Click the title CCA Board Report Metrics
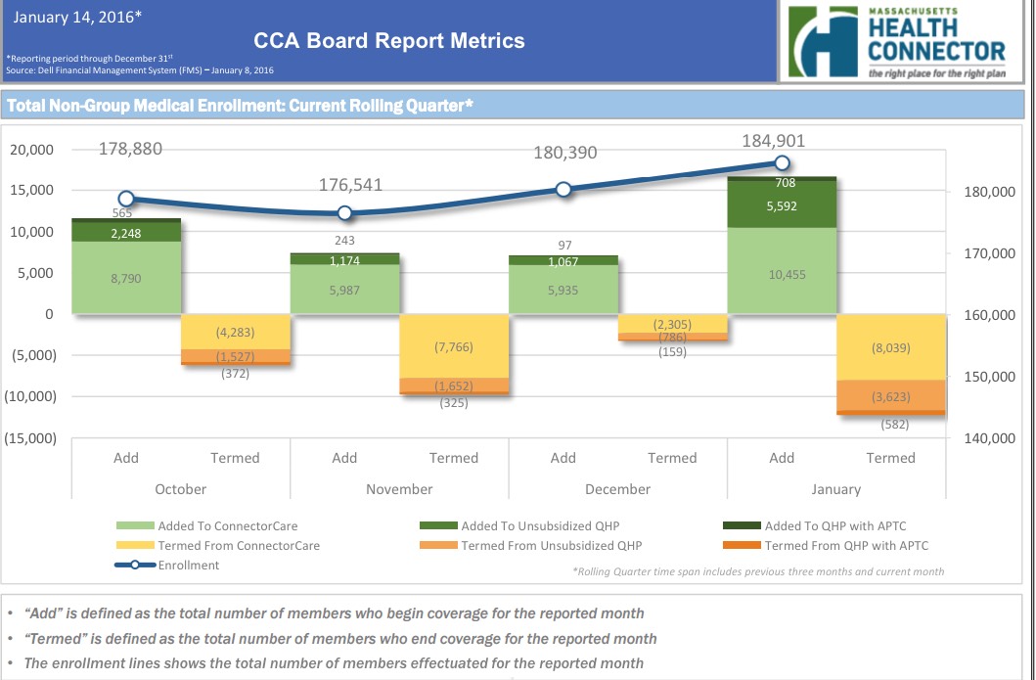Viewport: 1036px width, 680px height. pos(388,40)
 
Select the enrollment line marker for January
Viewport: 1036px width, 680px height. pos(782,163)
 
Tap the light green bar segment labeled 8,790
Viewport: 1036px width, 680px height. pos(126,278)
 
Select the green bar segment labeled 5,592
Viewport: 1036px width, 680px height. pos(782,206)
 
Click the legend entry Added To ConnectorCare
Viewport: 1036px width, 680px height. pos(228,526)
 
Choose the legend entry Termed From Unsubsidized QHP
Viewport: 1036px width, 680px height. pos(551,546)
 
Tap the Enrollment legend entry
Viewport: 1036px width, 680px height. pos(188,565)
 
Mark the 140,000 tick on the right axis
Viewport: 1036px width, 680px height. pos(989,438)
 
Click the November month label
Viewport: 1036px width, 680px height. pos(399,489)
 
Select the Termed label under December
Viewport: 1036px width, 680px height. pos(672,458)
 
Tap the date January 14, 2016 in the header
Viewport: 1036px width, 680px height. pos(78,17)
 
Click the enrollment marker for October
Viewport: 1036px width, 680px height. pos(126,199)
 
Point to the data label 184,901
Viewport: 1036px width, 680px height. pos(773,142)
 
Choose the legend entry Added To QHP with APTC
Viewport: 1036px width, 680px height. pos(846,526)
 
